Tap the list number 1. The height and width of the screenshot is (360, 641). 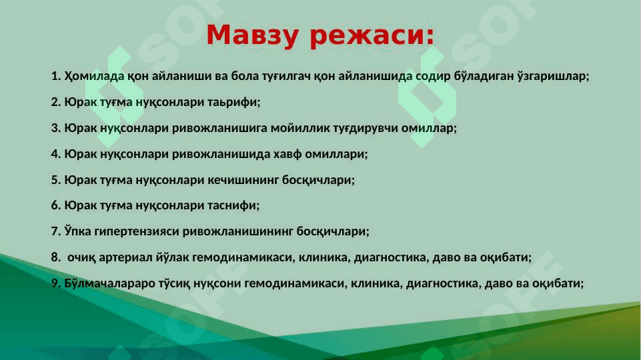[55, 76]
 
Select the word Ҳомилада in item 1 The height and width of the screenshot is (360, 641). [94, 76]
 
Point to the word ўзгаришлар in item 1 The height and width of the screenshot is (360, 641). [553, 77]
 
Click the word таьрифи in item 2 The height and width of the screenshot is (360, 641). [234, 102]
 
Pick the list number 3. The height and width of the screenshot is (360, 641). [55, 128]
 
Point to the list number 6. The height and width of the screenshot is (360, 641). [55, 205]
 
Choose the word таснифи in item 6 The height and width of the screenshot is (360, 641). [233, 205]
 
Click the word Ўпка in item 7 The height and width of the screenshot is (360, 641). [77, 231]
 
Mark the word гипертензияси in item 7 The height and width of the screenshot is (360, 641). [137, 232]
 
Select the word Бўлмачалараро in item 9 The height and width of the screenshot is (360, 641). [109, 283]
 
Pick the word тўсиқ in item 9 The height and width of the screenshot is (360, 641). [174, 283]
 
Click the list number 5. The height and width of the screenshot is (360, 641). [55, 180]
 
